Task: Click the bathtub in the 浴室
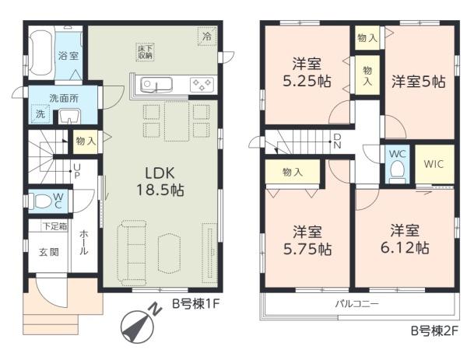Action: [x=42, y=54]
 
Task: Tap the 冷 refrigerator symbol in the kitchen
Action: [x=207, y=37]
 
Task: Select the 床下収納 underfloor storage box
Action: [x=146, y=52]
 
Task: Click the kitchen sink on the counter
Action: [x=156, y=85]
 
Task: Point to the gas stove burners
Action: [x=202, y=85]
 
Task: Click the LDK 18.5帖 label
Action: [x=160, y=181]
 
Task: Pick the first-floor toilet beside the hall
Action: [x=42, y=201]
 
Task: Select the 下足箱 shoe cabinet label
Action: [x=55, y=226]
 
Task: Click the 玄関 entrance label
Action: [x=49, y=252]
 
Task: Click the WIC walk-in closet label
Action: [x=434, y=164]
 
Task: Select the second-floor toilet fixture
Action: [x=397, y=170]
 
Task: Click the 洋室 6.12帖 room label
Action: [x=405, y=239]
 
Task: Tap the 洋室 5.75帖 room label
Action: [x=307, y=240]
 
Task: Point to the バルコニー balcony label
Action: [x=357, y=304]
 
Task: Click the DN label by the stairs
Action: [x=337, y=141]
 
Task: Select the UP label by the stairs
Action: [x=76, y=171]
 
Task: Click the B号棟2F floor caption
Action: [x=434, y=331]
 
